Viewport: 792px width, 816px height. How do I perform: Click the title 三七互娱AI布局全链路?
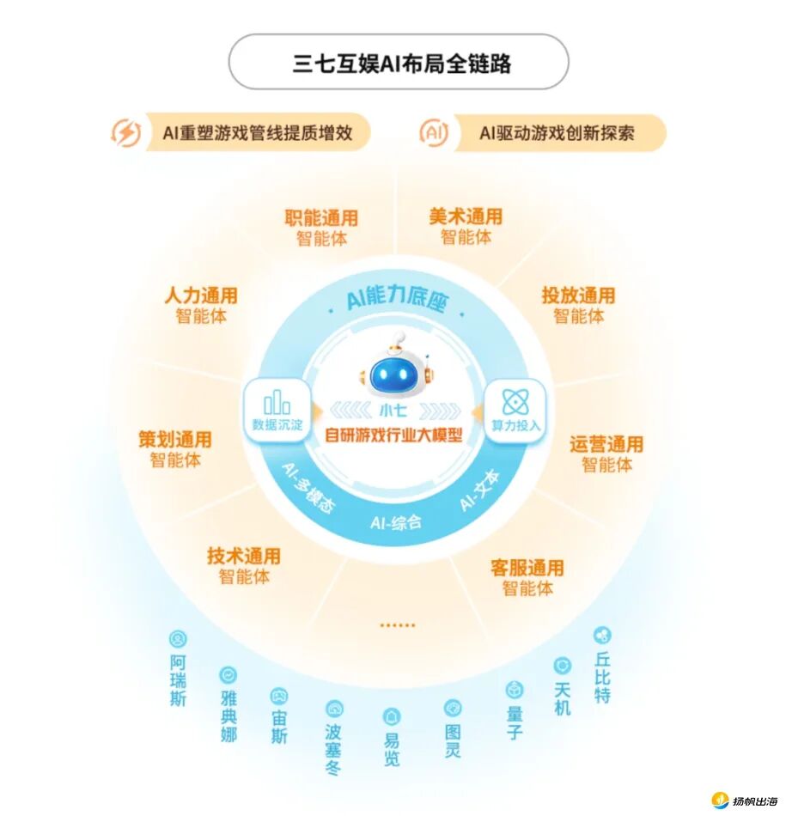tap(398, 64)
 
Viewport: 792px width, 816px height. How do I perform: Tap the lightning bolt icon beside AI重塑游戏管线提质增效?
tap(126, 133)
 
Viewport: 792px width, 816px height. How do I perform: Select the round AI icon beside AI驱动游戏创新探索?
tap(434, 133)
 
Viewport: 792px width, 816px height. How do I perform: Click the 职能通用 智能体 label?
tap(321, 228)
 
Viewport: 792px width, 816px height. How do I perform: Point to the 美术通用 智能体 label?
tap(466, 226)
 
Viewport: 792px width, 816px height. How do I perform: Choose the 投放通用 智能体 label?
tap(578, 305)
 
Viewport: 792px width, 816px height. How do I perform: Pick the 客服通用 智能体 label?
tap(527, 578)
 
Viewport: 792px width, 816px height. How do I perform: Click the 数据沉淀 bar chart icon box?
tap(277, 409)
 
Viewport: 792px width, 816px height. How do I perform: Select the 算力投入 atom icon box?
tap(516, 409)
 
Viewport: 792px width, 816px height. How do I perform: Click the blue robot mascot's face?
tap(396, 373)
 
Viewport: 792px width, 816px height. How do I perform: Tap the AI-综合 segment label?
tap(396, 521)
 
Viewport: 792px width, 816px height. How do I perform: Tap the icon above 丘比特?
tap(602, 636)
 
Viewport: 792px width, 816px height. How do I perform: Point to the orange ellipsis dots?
tap(397, 625)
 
